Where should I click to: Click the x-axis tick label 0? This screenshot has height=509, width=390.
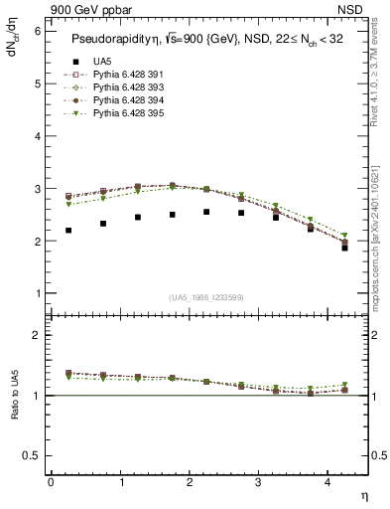click(51, 482)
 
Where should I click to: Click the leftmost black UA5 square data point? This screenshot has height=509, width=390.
click(68, 230)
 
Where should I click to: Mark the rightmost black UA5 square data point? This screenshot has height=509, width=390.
click(344, 248)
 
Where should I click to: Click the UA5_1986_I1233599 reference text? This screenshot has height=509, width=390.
click(208, 297)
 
